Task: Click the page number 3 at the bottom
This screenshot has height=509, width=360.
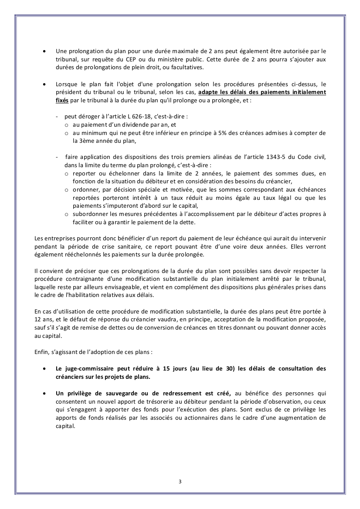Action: click(180, 481)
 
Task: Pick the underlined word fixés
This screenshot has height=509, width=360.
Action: click(62, 100)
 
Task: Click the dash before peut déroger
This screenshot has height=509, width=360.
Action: click(57, 117)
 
